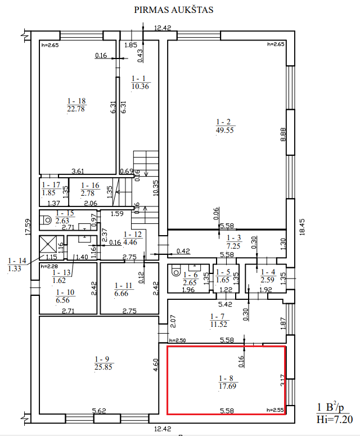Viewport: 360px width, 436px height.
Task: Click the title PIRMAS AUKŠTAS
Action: click(173, 10)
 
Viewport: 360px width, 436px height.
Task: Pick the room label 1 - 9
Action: click(102, 359)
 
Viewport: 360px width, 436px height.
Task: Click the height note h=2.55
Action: click(274, 410)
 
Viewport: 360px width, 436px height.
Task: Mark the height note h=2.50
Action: click(178, 340)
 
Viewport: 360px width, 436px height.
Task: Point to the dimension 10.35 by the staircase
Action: click(156, 187)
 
